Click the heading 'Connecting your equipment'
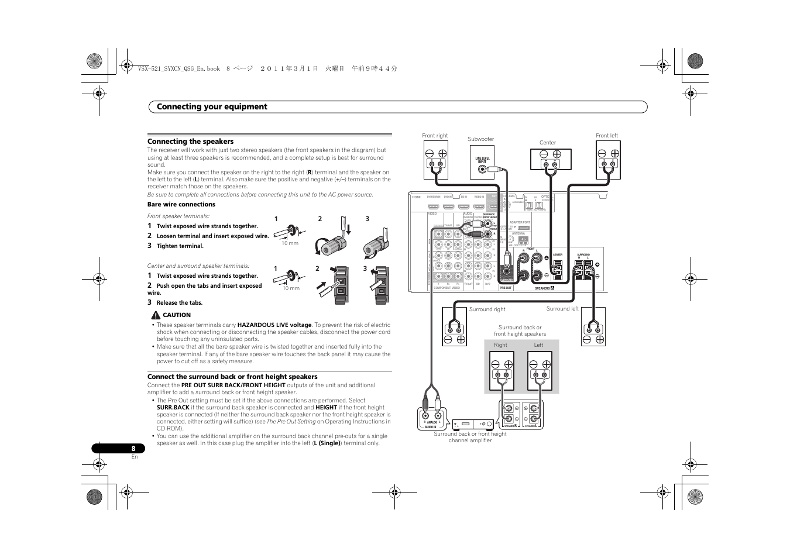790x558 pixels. pos(212,107)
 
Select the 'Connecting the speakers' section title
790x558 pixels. pos(190,142)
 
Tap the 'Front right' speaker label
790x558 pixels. pos(435,136)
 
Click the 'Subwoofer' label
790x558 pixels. pos(480,139)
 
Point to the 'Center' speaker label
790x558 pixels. pos(548,143)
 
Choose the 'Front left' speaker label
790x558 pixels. pos(607,136)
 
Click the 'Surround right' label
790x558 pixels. pos(487,309)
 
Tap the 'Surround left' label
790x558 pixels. pos(562,309)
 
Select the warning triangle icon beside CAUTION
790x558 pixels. pos(155,315)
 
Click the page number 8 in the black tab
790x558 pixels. pos(133,449)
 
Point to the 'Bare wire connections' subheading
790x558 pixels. pos(181,205)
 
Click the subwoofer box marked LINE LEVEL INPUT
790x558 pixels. pos(482,163)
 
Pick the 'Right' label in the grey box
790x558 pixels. pos(500,345)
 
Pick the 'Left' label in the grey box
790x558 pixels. pos(538,345)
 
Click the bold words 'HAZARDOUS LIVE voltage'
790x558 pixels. pos(274,325)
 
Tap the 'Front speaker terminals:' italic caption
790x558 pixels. pos(178,216)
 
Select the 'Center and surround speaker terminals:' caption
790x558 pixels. pos(198,266)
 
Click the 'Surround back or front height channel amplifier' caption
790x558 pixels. pos(470,437)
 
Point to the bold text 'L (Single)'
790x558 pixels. pos(327,443)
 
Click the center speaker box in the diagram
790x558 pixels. pos(551,160)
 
